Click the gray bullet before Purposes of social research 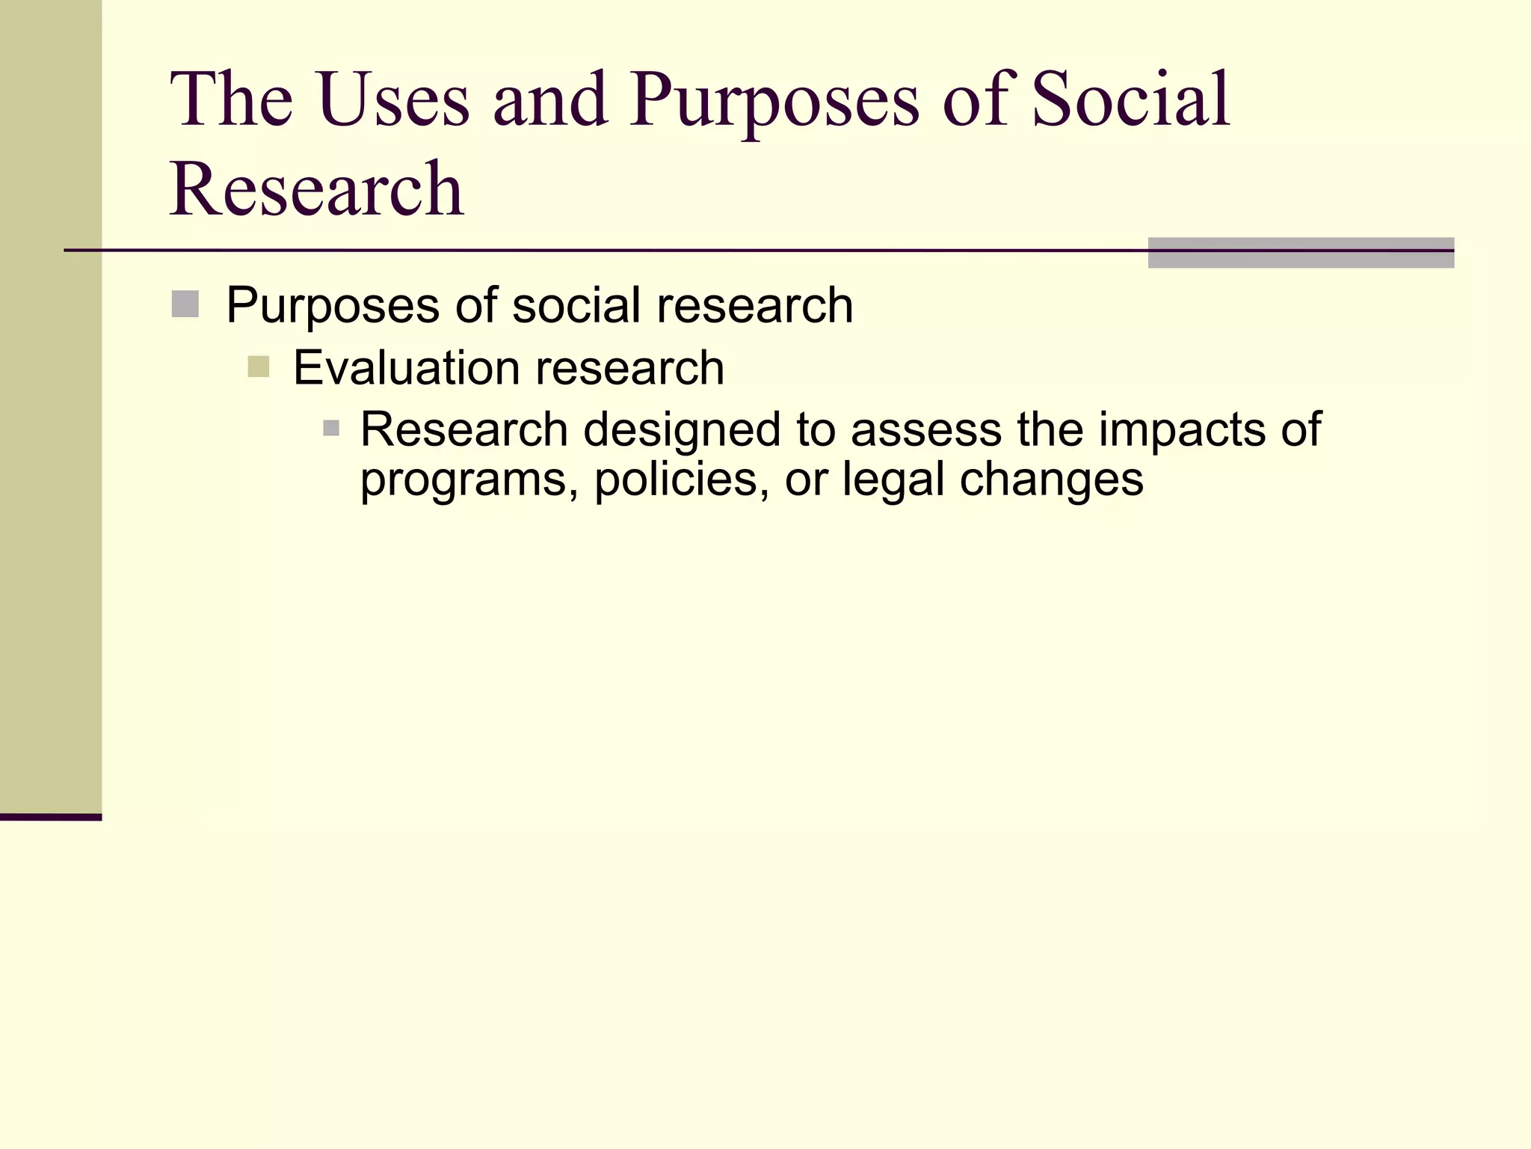[x=185, y=304]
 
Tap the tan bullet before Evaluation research [x=258, y=367]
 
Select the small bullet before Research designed [x=331, y=429]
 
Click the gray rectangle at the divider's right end [x=1300, y=253]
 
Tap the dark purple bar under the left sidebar [x=50, y=817]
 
